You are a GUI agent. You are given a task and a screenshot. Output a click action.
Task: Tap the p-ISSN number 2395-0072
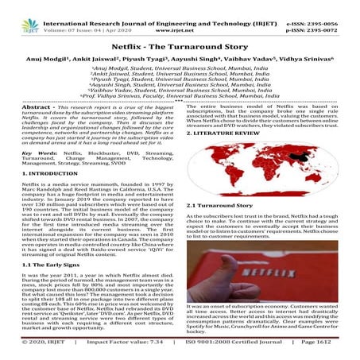(x=326, y=17)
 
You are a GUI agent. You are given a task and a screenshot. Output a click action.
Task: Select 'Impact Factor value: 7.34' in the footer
(x=130, y=350)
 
